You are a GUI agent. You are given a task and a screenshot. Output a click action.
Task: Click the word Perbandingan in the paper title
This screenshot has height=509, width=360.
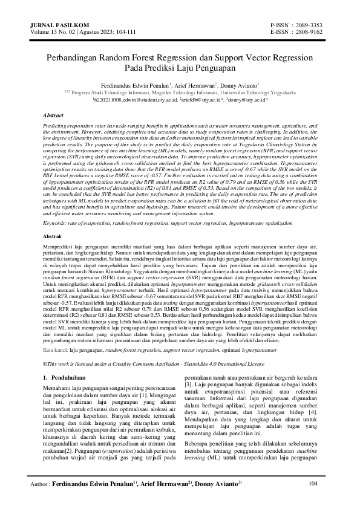pos(74,59)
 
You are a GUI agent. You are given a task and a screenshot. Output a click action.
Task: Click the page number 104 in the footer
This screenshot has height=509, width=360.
pos(313,484)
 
